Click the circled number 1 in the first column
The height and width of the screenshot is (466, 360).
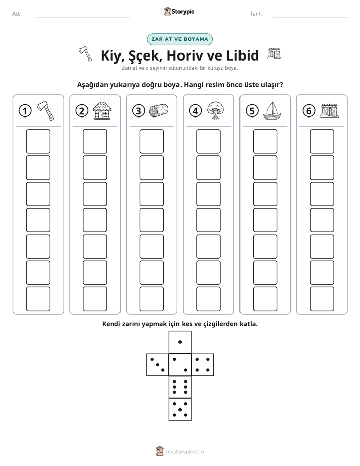25,111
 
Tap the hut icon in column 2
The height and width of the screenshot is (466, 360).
102,110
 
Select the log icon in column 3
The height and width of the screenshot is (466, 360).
159,110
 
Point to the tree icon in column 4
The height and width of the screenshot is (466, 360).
215,110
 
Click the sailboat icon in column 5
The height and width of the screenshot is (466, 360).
272,111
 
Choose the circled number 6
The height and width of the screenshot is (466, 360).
309,111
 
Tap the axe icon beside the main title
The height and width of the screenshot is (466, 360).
86,54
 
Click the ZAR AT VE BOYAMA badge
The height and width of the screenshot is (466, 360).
179,39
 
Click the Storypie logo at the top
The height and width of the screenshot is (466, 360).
179,12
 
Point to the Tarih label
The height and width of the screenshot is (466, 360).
256,14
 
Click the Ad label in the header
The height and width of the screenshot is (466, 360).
16,14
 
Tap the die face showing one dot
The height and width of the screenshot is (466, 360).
180,342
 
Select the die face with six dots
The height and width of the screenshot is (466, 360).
180,387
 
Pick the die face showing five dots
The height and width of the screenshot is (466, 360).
180,409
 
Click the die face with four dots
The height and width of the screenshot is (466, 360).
203,365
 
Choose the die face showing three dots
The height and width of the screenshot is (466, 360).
158,365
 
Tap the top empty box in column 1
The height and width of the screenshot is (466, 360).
38,141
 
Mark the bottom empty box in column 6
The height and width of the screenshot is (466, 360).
322,299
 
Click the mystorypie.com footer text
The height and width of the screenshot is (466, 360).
185,452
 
